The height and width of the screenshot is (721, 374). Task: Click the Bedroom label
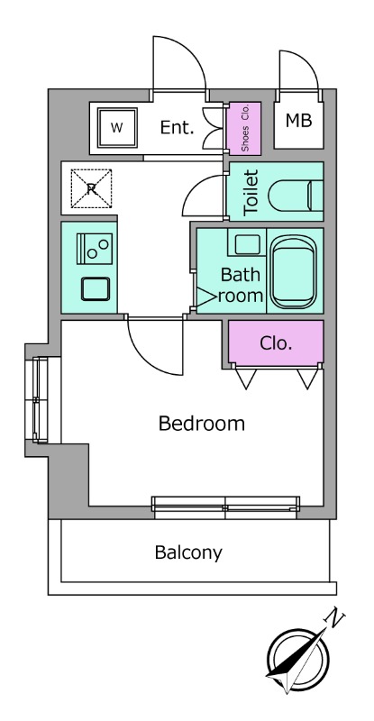point(201,424)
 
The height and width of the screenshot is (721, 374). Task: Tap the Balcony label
point(188,552)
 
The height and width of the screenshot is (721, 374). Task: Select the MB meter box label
point(298,121)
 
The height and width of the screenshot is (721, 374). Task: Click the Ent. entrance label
point(178,127)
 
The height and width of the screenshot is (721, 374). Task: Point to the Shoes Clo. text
point(245,128)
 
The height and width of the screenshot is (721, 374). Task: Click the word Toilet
point(251,193)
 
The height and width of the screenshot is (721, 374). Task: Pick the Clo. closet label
point(276,343)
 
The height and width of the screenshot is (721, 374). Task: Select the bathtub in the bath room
point(294,272)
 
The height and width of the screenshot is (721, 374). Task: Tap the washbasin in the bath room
point(248,244)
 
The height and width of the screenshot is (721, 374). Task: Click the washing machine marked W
point(117,127)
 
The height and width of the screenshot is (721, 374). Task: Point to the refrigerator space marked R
point(91,188)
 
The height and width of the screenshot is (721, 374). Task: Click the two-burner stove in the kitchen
point(95,249)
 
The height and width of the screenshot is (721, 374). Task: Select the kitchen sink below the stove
point(96,289)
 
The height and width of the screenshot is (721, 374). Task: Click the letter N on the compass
point(335,617)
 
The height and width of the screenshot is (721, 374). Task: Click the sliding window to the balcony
point(225,507)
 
